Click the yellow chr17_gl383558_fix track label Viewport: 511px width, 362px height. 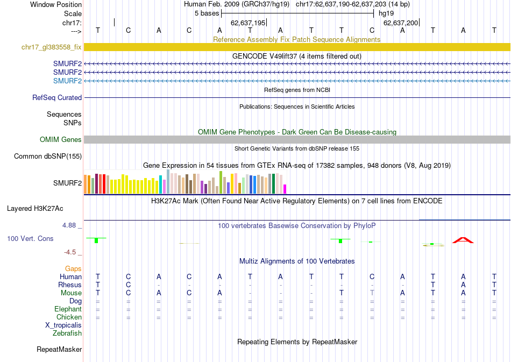(x=52, y=47)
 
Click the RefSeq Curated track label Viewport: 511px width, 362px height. (x=57, y=98)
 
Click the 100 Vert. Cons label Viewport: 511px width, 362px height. (x=30, y=238)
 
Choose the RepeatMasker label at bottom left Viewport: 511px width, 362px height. (x=59, y=350)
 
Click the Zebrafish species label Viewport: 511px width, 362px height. (x=67, y=333)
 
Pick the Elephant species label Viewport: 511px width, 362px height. (x=68, y=309)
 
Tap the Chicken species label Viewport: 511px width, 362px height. (x=69, y=317)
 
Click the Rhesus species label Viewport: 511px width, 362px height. (x=70, y=285)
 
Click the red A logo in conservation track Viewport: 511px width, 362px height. (x=463, y=240)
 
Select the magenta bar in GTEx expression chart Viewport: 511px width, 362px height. (x=285, y=189)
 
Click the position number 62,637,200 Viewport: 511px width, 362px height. (x=400, y=23)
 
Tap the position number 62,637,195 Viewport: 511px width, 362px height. (x=248, y=23)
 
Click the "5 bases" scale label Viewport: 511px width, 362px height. (x=207, y=13)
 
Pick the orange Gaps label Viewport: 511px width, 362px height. (x=73, y=268)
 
